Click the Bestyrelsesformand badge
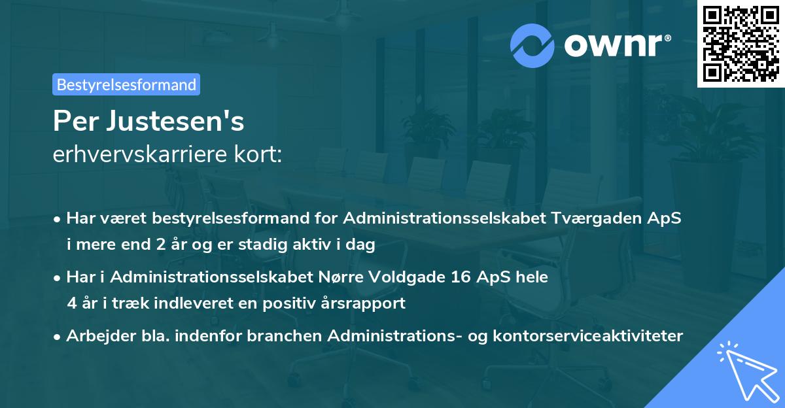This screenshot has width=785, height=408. [126, 84]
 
